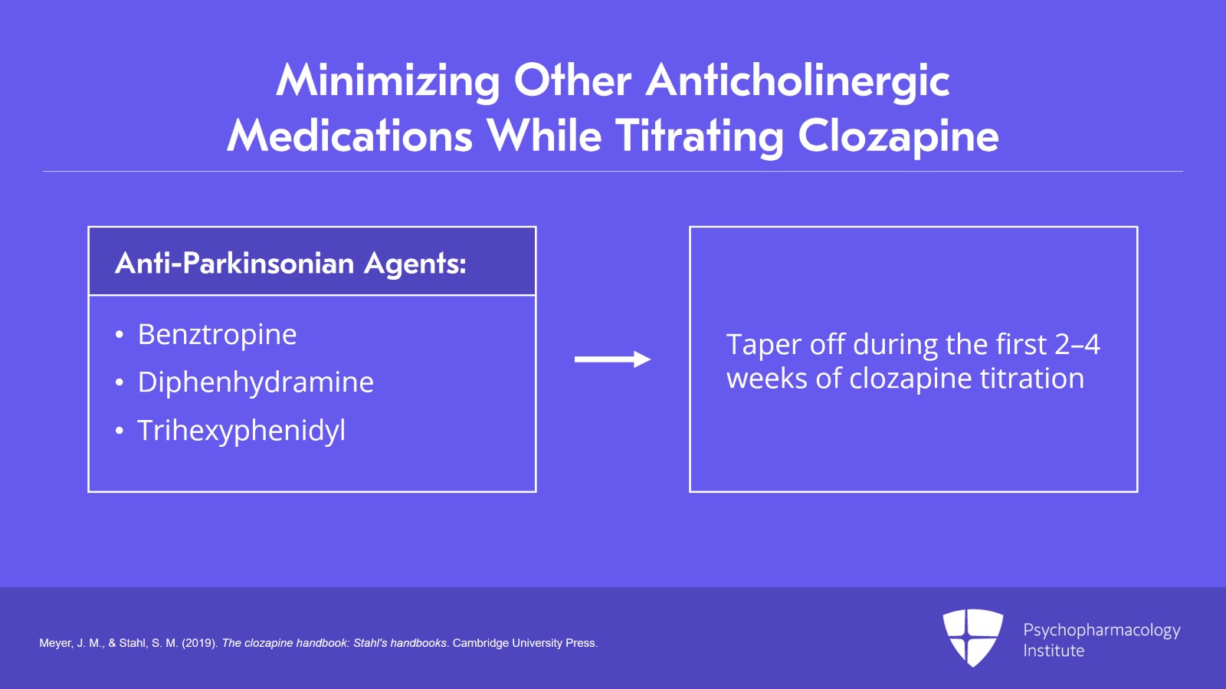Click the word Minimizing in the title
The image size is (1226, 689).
click(x=388, y=82)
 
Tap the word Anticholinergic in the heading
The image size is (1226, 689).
click(x=798, y=82)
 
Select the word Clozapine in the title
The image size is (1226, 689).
click(x=899, y=137)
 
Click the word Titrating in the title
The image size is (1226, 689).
click(x=700, y=137)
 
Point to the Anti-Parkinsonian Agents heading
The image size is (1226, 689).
click(x=290, y=263)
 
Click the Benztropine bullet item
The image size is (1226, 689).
click(x=218, y=334)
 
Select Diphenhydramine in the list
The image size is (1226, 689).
click(x=256, y=382)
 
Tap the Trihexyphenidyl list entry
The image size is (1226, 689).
click(x=241, y=431)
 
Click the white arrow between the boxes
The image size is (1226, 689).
click(x=612, y=359)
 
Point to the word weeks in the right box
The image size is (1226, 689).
click(x=767, y=379)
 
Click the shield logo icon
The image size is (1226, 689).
click(x=972, y=638)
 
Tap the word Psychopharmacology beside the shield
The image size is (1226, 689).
click(x=1102, y=631)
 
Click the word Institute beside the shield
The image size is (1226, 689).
click(x=1054, y=651)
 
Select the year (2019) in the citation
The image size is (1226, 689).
click(x=200, y=644)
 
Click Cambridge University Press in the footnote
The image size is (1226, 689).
click(x=524, y=643)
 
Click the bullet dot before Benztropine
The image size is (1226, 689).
click(x=120, y=335)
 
